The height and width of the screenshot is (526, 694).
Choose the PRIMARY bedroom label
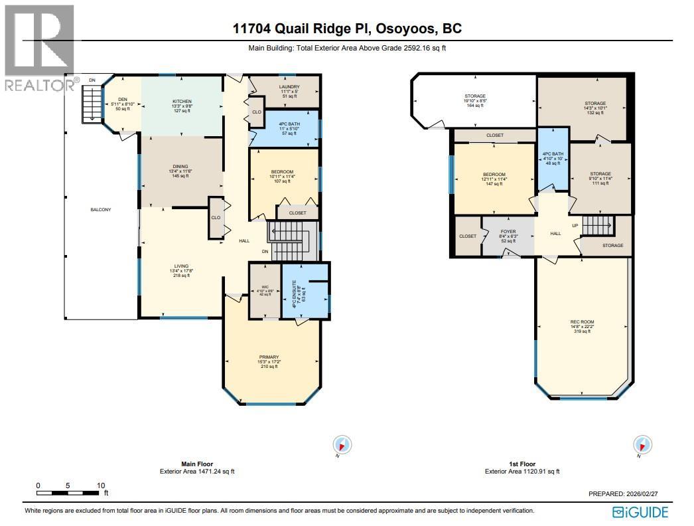click(269, 357)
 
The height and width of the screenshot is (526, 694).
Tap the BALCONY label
click(101, 210)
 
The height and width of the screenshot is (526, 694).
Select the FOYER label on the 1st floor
click(508, 232)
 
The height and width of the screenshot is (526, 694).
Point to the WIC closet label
click(264, 288)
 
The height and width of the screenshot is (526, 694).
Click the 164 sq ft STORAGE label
click(474, 97)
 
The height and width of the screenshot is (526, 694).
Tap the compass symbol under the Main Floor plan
click(342, 445)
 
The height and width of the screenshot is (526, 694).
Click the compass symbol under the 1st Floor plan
click(642, 444)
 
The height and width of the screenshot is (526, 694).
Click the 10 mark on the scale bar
click(100, 485)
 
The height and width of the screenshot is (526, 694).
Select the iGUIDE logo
click(640, 511)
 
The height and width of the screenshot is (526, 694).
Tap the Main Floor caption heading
click(197, 464)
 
